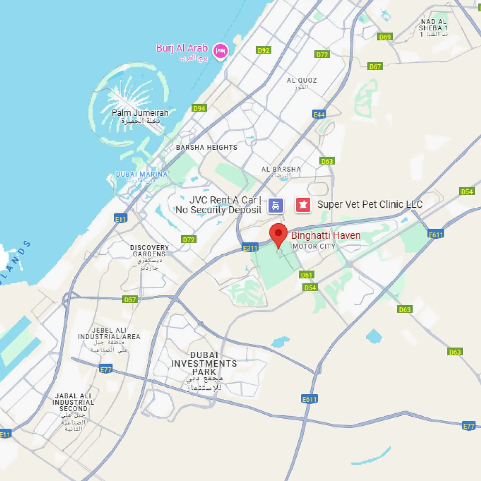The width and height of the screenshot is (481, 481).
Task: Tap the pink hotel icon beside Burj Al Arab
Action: tap(220, 51)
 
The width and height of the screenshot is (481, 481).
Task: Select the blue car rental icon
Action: tap(275, 205)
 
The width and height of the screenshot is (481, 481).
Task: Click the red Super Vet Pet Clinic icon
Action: tap(303, 205)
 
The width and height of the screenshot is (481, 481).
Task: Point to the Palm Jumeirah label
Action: tap(140, 113)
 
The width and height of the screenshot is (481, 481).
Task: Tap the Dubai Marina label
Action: tap(141, 174)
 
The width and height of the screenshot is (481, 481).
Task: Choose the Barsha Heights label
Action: tap(206, 148)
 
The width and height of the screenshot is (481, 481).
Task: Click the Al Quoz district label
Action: tap(302, 81)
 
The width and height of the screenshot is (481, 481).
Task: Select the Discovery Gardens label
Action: tap(149, 251)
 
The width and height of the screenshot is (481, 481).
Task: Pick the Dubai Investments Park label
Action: tap(204, 364)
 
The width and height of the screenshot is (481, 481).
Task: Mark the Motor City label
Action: tap(314, 246)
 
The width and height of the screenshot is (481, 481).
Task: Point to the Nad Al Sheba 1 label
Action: tap(433, 25)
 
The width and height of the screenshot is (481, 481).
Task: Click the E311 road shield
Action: tap(250, 248)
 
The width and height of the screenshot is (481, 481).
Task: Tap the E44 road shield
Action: tap(319, 114)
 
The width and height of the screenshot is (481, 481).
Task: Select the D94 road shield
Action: tap(199, 108)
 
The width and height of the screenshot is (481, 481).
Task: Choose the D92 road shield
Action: tap(263, 50)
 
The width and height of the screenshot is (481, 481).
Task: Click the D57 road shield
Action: tap(130, 300)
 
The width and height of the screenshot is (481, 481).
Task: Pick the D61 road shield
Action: tap(306, 275)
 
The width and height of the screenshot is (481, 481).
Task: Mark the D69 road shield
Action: tap(385, 37)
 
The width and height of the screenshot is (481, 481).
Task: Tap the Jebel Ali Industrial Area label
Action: tap(109, 333)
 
